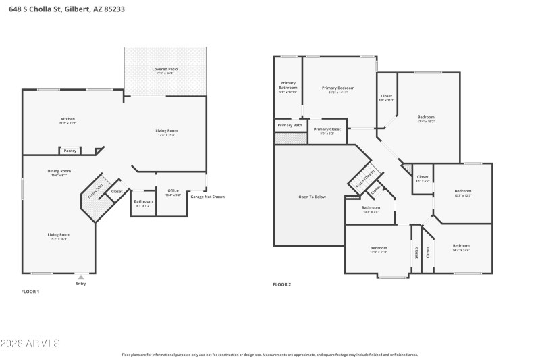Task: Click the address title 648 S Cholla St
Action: point(65,9)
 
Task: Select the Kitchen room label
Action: point(67,120)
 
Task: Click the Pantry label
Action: point(70,151)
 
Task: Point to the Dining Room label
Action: point(59,171)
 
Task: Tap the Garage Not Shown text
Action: point(208,197)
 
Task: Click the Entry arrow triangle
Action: point(81,276)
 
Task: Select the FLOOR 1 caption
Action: point(30,291)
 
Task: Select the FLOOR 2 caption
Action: point(281,284)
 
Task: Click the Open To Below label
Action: point(312,197)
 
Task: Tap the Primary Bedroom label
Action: point(337,88)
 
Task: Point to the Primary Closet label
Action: point(327,129)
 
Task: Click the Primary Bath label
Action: point(290,125)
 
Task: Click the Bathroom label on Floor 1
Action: point(142,201)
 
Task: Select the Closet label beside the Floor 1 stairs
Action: point(117,191)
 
